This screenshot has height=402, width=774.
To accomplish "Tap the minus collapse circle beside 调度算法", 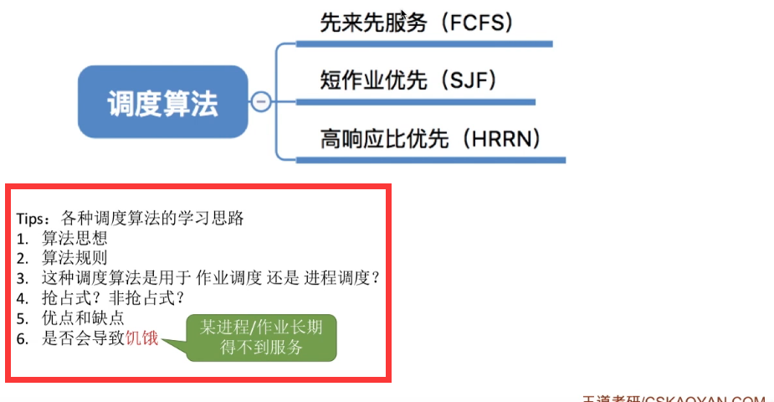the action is (260, 102).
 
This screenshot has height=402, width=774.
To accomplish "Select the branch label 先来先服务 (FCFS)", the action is (416, 23).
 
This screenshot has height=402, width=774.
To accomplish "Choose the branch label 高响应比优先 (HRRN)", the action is (430, 138).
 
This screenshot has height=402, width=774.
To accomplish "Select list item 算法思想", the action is (74, 238).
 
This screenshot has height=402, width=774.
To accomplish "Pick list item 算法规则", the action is (74, 258).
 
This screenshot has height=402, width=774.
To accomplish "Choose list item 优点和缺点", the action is (83, 318).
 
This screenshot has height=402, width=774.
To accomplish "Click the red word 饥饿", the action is (141, 338).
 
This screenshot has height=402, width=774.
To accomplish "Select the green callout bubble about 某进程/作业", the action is (260, 337).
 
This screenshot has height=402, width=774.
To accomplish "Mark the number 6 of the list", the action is (23, 338).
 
